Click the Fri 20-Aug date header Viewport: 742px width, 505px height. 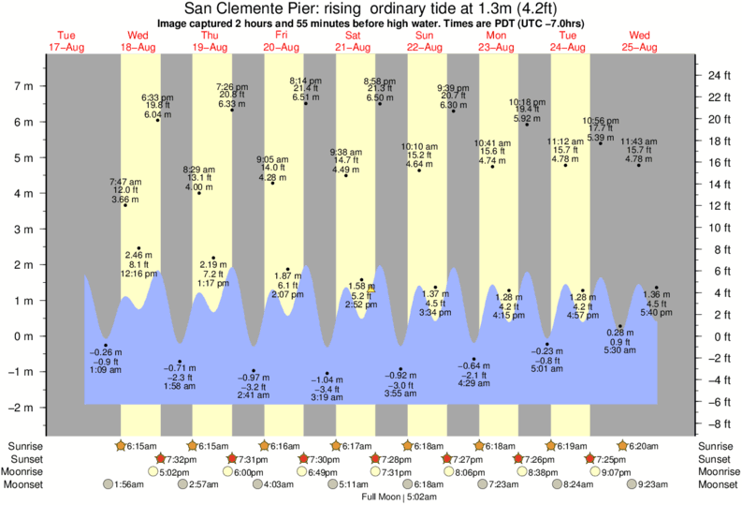(281, 41)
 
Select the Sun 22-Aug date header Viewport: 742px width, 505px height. (425, 41)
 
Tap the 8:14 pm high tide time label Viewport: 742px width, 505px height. (305, 81)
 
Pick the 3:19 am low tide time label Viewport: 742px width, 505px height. (327, 397)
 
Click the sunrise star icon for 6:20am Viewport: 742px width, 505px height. (622, 446)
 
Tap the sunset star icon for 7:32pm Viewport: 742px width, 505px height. (160, 459)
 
